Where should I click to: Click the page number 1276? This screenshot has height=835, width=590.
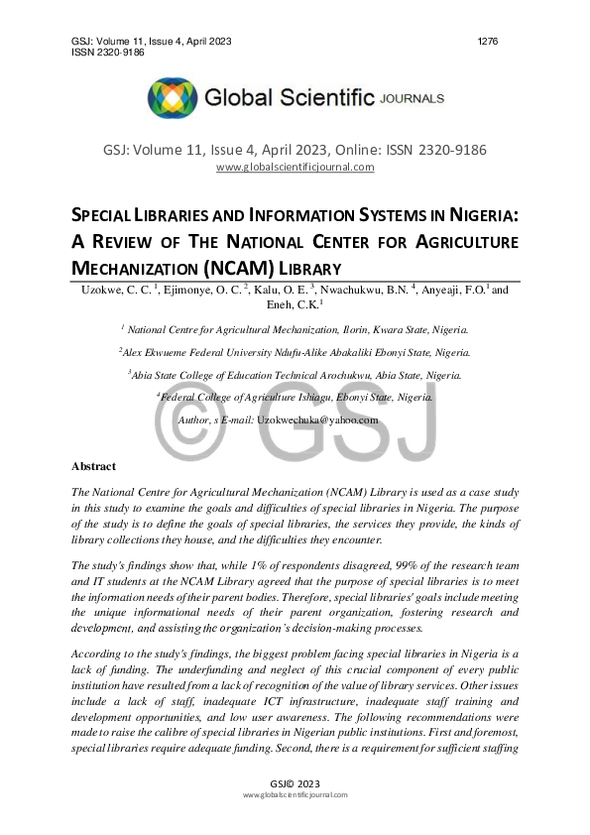click(x=487, y=41)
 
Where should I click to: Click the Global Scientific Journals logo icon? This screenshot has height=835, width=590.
click(x=173, y=98)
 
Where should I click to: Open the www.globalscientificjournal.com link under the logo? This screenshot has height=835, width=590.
click(x=295, y=167)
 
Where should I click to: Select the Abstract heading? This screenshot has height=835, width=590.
click(x=93, y=466)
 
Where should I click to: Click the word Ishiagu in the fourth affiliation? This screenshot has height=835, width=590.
click(x=305, y=397)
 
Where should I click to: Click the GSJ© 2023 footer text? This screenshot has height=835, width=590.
click(x=295, y=782)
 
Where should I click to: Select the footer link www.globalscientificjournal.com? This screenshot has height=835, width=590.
click(x=295, y=795)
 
